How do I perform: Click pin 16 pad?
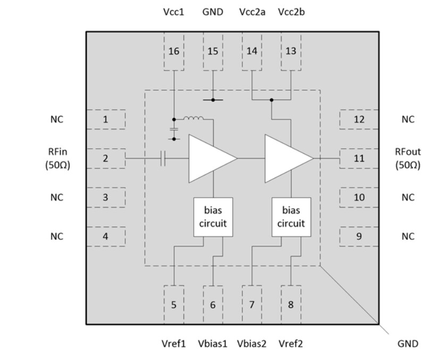pyautogui.click(x=174, y=52)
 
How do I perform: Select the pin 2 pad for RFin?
pyautogui.click(x=105, y=158)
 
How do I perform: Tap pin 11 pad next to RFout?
pyautogui.click(x=359, y=158)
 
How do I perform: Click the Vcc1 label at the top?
pyautogui.click(x=173, y=11)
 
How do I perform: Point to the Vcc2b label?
pyautogui.click(x=291, y=11)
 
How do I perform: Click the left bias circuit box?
pyautogui.click(x=213, y=217)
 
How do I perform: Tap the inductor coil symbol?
pyautogui.click(x=194, y=118)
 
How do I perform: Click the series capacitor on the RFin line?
pyautogui.click(x=164, y=158)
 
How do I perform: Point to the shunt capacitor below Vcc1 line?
pyautogui.click(x=173, y=129)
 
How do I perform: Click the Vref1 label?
pyautogui.click(x=173, y=344)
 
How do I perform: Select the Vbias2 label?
pyautogui.click(x=252, y=344)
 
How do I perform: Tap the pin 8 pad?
pyautogui.click(x=291, y=305)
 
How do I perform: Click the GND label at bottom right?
pyautogui.click(x=408, y=344)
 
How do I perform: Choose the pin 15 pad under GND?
pyautogui.click(x=213, y=52)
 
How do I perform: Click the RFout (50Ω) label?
pyautogui.click(x=407, y=158)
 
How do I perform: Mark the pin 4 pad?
pyautogui.click(x=105, y=236)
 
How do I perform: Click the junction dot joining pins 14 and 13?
pyautogui.click(x=271, y=99)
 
